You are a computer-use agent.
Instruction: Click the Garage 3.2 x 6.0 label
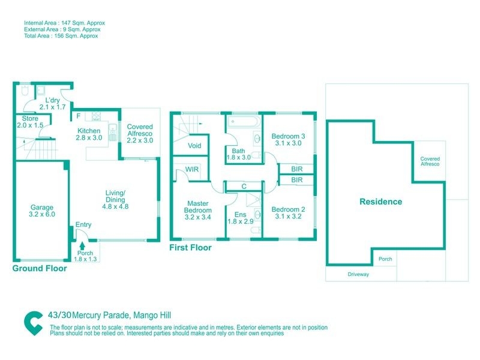pos(42,211)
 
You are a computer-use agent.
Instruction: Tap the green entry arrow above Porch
pos(82,245)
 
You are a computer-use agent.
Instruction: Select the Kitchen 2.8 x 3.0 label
pos(89,134)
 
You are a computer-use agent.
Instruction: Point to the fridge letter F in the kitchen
pos(79,116)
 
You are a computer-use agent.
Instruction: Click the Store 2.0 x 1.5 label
pos(30,122)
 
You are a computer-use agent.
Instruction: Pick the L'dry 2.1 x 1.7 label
pos(52,103)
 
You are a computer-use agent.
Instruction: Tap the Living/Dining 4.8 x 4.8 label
pos(115,200)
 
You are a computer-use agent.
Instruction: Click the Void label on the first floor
pos(194,146)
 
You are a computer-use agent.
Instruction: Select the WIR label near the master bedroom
pos(192,169)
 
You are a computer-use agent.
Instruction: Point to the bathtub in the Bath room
pos(244,122)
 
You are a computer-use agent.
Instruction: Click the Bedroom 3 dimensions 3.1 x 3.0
pos(288,143)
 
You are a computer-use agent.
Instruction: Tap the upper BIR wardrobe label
pos(296,169)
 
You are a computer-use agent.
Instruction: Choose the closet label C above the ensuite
pos(244,187)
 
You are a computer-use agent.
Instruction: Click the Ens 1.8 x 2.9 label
pos(241,218)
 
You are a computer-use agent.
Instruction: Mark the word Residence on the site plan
pos(381,202)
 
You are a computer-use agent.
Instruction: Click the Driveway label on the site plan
pos(358,274)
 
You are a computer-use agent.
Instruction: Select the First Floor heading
pos(190,248)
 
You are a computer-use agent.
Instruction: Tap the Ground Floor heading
pos(40,268)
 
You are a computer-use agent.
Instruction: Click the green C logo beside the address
pos(34,323)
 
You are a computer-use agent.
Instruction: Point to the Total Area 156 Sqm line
pos(61,36)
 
